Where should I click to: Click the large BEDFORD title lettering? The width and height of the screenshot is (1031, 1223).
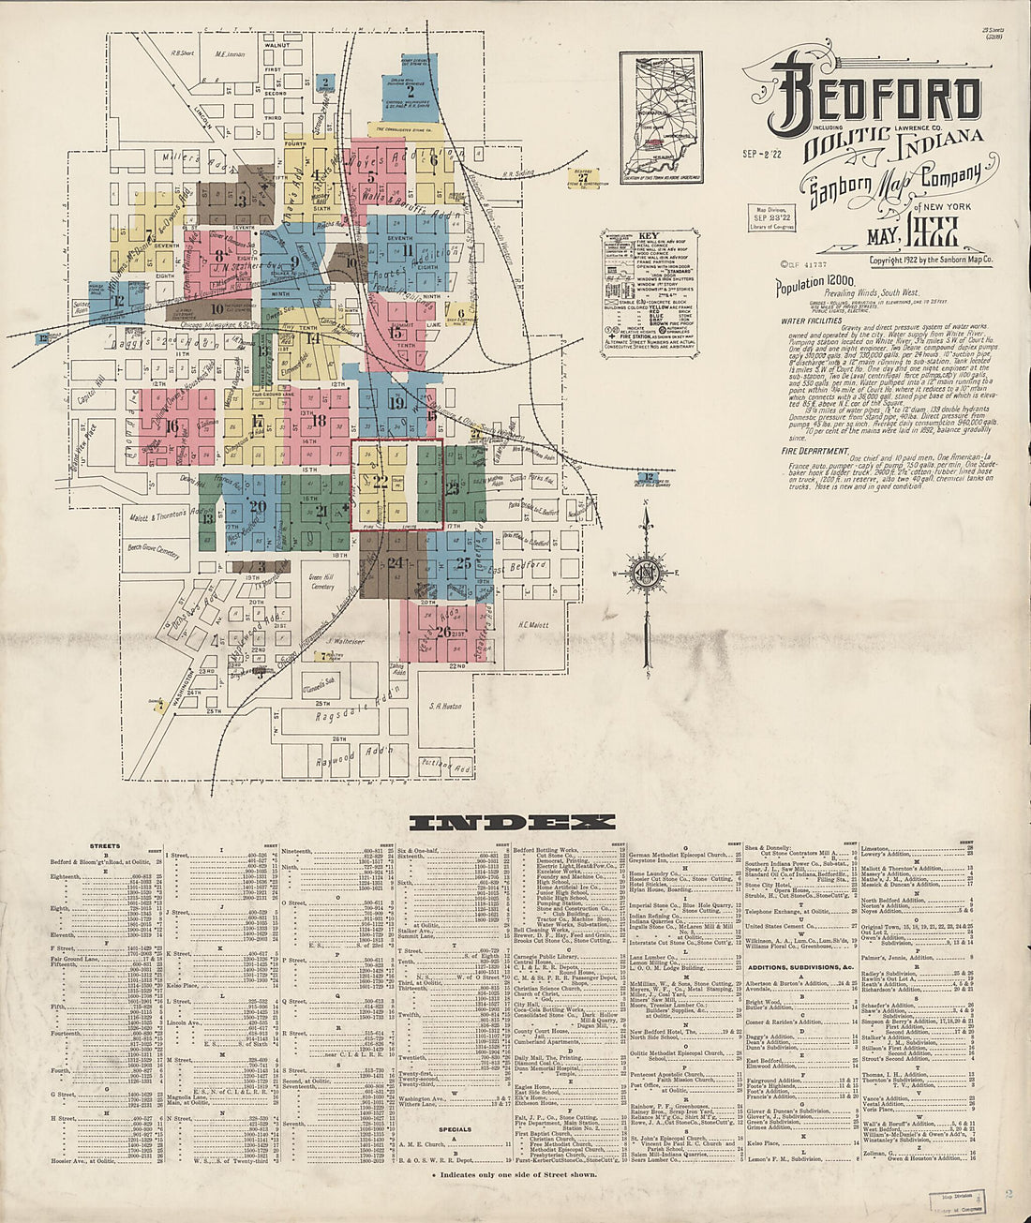point(876,100)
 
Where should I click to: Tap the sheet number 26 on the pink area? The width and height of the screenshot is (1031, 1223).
point(443,631)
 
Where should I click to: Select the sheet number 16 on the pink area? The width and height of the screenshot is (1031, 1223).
point(172,425)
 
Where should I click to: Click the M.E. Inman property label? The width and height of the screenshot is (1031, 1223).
point(230,54)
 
